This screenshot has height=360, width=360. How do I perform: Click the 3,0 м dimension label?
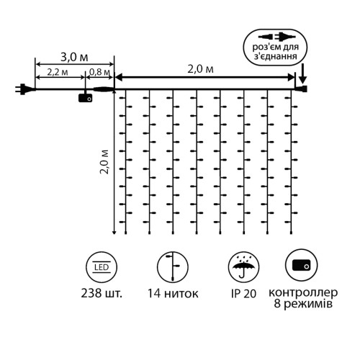(x=74, y=58)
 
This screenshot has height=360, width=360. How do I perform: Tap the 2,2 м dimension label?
(x=58, y=72)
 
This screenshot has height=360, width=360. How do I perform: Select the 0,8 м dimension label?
(x=99, y=72)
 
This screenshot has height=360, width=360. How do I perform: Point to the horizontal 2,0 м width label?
(x=200, y=69)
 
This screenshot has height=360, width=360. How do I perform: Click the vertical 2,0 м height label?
(x=104, y=161)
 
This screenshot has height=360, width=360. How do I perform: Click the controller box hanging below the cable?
(x=85, y=98)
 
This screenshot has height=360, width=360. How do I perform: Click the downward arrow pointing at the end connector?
(x=303, y=73)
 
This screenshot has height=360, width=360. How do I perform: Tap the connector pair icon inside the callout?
(x=276, y=37)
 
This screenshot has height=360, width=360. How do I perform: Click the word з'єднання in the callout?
(x=275, y=57)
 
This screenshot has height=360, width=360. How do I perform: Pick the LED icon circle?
(x=102, y=267)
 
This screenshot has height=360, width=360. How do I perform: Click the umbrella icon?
(x=243, y=267)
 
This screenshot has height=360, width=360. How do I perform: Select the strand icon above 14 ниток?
(x=173, y=267)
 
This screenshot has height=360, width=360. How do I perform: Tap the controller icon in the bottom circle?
(x=302, y=265)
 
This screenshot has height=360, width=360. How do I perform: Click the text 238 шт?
(x=102, y=293)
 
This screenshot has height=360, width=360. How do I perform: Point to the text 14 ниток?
(x=173, y=293)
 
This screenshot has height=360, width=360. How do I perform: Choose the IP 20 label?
(x=243, y=294)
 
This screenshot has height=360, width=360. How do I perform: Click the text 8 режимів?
(x=303, y=305)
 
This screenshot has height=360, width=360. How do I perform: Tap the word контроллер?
(x=303, y=293)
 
